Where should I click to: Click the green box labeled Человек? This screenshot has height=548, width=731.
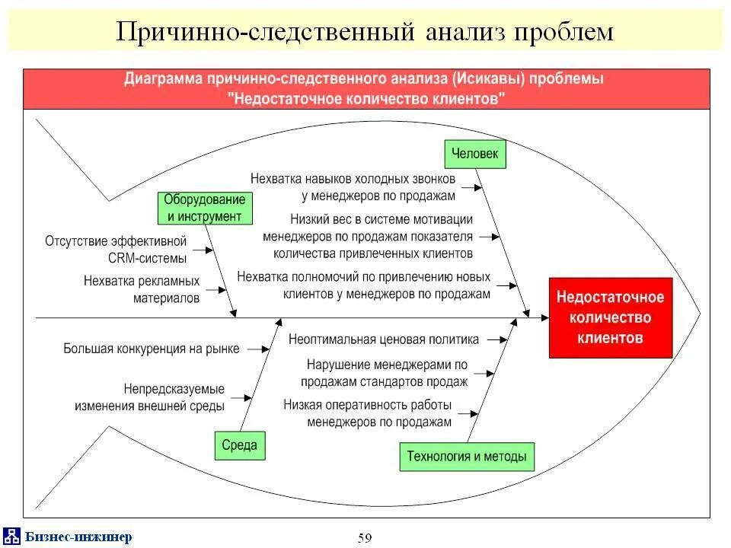[x=475, y=154]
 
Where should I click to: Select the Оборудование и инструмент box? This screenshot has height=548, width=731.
[x=204, y=208]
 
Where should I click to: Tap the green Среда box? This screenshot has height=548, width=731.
[x=240, y=445]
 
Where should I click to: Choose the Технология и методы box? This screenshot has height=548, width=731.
[x=466, y=457]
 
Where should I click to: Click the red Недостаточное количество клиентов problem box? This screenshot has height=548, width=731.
[x=611, y=317]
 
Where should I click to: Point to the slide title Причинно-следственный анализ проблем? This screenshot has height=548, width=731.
[x=365, y=31]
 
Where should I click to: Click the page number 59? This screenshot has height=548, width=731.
[x=365, y=538]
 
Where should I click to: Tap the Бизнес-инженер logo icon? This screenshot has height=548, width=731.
[x=12, y=536]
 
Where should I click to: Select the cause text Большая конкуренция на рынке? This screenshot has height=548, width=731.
[x=152, y=349]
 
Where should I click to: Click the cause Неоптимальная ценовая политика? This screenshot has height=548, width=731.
[x=384, y=339]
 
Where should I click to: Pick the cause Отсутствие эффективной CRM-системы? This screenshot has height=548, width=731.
[x=116, y=249]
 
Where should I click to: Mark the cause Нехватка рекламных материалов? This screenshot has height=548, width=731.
[x=142, y=289]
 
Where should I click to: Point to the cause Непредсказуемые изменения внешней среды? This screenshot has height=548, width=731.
[x=150, y=397]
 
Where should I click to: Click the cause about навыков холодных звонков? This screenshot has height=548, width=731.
[x=353, y=186]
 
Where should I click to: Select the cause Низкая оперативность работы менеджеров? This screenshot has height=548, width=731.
[x=368, y=413]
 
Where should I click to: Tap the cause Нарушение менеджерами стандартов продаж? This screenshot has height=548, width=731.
[x=384, y=373]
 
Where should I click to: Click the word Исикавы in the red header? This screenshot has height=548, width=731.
[x=487, y=79]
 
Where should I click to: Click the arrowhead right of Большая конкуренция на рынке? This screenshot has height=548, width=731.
[x=265, y=349]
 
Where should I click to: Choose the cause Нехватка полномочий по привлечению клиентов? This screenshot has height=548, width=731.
[x=364, y=285]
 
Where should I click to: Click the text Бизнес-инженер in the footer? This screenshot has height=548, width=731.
[x=78, y=537]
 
